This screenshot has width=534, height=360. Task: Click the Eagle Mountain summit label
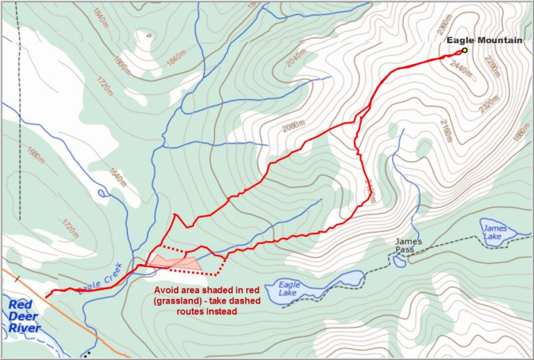(484, 41)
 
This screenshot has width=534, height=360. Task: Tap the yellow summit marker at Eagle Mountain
(464, 50)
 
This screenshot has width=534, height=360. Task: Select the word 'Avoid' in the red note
(167, 291)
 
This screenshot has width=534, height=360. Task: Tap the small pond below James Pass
(398, 261)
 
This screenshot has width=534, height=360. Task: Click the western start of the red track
(47, 297)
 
